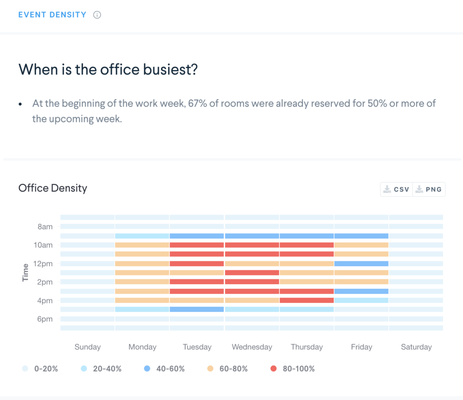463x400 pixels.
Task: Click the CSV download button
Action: coord(397,189)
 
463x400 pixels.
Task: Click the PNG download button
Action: coord(429,189)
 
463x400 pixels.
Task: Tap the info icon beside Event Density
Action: coord(97,15)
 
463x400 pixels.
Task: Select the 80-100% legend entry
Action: coord(293,369)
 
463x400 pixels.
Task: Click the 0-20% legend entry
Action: coord(40,369)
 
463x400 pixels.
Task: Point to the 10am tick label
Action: coord(43,245)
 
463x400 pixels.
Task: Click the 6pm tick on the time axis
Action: coord(44,319)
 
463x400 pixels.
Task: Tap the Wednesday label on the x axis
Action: coord(252,347)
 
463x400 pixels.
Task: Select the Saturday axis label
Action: coord(416,347)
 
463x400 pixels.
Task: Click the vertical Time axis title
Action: coord(25,273)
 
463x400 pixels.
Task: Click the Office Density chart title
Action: coord(52,188)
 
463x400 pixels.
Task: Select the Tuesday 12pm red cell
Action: coord(197,264)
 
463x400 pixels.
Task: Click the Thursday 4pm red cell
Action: coord(307,300)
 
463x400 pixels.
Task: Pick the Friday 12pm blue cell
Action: coord(361,264)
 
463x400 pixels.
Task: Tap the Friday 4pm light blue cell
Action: coord(361,300)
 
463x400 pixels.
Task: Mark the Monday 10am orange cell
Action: coord(142,245)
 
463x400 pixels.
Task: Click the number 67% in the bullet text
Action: coord(197,104)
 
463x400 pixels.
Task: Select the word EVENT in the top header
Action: coord(33,15)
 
